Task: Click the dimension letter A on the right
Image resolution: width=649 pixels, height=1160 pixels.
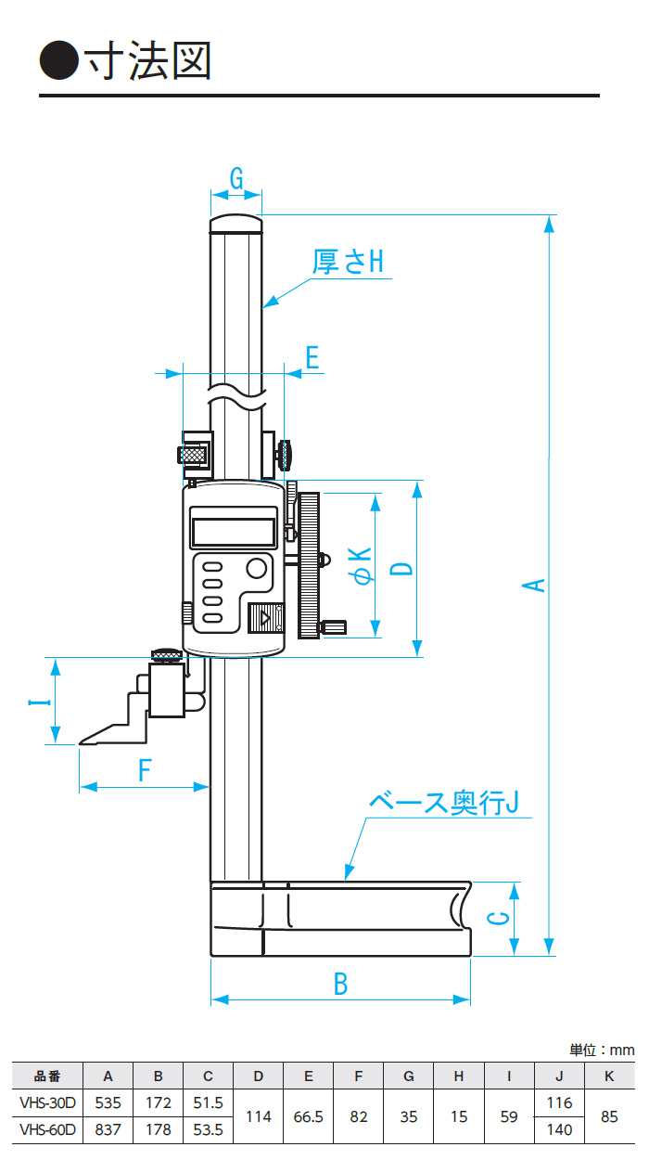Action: (x=534, y=585)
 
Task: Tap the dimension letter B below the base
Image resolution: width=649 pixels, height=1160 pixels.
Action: (x=340, y=984)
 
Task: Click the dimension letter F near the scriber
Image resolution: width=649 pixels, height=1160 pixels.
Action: (x=144, y=770)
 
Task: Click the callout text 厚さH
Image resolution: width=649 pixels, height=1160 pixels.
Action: (x=348, y=262)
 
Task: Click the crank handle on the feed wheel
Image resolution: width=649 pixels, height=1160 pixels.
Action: (x=333, y=627)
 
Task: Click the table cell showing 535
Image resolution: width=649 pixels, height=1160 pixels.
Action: (x=108, y=1103)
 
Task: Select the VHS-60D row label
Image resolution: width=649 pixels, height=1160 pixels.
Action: (x=48, y=1129)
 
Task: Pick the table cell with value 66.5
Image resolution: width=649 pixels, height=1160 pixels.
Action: (x=308, y=1116)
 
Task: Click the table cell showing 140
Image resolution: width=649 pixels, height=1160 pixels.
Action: (x=559, y=1129)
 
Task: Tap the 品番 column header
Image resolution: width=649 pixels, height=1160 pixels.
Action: (x=48, y=1076)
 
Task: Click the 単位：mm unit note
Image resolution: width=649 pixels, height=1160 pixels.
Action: (x=602, y=1050)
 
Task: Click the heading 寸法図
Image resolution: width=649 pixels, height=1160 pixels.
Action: (x=148, y=61)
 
